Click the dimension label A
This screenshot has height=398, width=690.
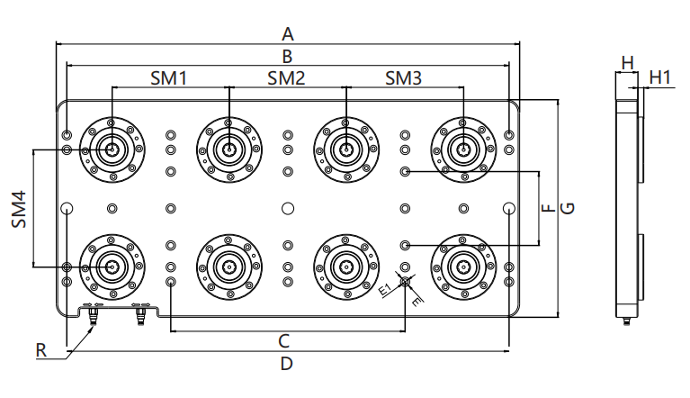[288, 34]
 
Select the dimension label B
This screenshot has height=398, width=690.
[288, 56]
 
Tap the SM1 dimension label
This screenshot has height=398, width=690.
[168, 78]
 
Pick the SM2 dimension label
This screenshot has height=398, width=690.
[286, 78]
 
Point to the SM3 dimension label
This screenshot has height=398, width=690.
[403, 78]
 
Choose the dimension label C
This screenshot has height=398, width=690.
[283, 340]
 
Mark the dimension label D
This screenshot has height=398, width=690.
[287, 365]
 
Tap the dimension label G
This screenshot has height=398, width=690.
[568, 208]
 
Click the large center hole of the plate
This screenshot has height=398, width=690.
[287, 208]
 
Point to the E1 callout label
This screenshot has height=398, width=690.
[384, 290]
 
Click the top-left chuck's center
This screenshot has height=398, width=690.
[112, 149]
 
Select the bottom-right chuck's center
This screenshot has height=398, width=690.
[463, 267]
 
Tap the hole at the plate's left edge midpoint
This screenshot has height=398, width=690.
[67, 208]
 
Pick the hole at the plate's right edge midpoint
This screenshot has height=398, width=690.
[509, 208]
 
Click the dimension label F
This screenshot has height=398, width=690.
[547, 208]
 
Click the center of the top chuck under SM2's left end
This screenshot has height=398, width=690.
[229, 149]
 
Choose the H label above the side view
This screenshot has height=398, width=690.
[627, 62]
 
